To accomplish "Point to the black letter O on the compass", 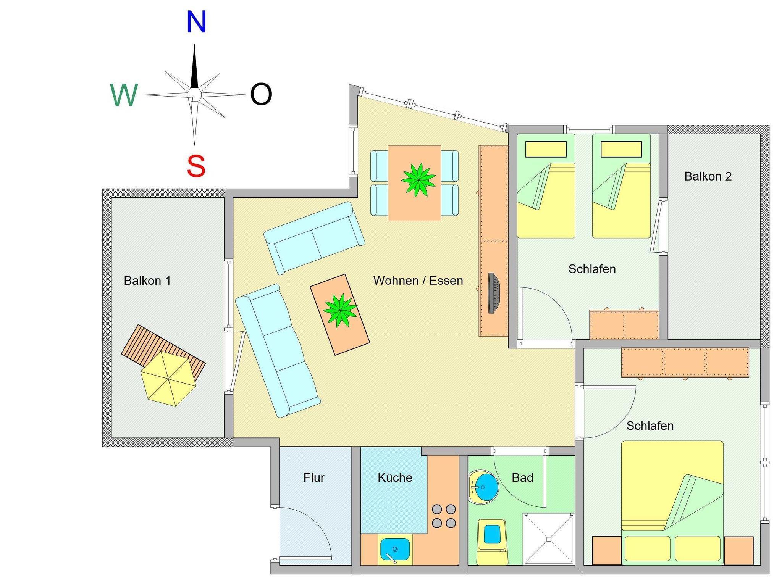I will (261, 95).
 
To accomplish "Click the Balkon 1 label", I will (147, 281).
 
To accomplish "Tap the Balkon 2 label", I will (708, 176).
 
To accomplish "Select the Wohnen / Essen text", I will (418, 281).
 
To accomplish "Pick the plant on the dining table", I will (418, 179).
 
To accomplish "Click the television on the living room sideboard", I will (494, 293).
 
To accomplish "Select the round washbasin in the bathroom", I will (483, 487).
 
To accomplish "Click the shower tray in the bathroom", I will (548, 539).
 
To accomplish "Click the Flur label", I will (314, 478).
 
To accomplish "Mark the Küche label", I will (395, 478).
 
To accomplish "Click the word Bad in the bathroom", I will (522, 478).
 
